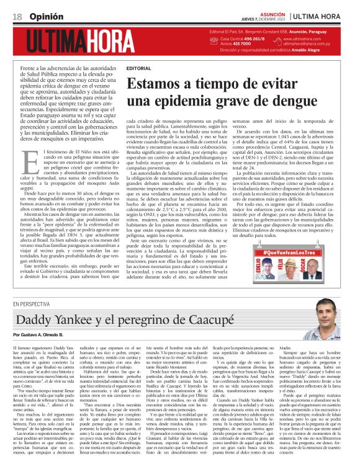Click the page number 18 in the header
(x=17, y=16)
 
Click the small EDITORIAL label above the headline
(x=138, y=67)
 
